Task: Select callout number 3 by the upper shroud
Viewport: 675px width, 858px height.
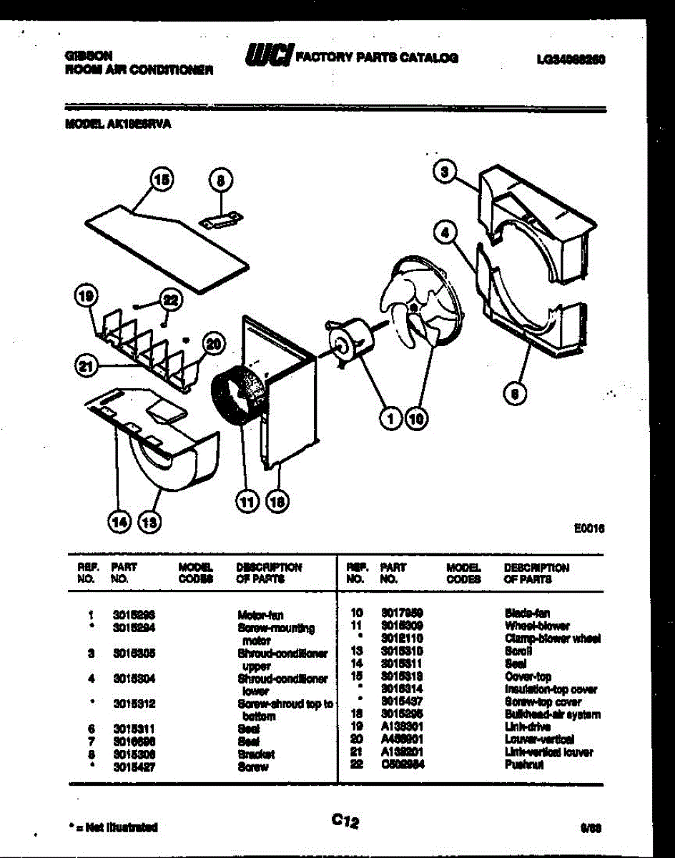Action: pyautogui.click(x=445, y=172)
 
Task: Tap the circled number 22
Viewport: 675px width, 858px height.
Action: pyautogui.click(x=171, y=300)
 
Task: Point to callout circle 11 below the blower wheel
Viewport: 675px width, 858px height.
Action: pyautogui.click(x=246, y=502)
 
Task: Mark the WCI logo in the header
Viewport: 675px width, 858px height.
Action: pyautogui.click(x=268, y=56)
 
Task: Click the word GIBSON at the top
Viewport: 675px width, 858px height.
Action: pyautogui.click(x=82, y=55)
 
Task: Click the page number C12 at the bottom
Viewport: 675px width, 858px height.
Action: pyautogui.click(x=345, y=822)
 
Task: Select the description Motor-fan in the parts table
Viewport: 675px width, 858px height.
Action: pyautogui.click(x=260, y=615)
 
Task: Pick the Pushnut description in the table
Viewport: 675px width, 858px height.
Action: pyautogui.click(x=525, y=765)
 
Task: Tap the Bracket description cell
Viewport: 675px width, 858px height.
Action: pyautogui.click(x=255, y=754)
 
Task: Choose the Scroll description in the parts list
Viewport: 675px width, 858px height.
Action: pyautogui.click(x=517, y=651)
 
